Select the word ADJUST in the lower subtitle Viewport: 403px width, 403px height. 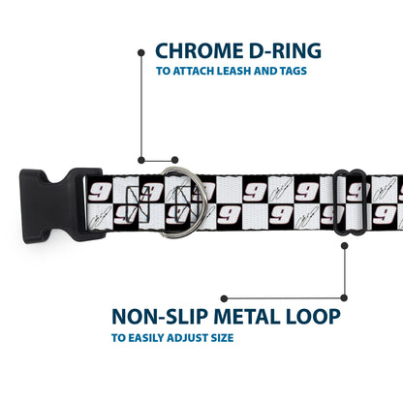187,338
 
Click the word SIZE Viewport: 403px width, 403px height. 222,338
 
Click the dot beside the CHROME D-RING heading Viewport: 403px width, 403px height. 141,52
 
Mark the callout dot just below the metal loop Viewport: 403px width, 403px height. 345,246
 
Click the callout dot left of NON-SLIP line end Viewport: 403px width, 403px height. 224,298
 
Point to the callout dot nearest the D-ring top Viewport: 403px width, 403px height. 174,160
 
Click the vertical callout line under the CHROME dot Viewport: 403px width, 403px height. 141,107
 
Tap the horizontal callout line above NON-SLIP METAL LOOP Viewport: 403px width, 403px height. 284,298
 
